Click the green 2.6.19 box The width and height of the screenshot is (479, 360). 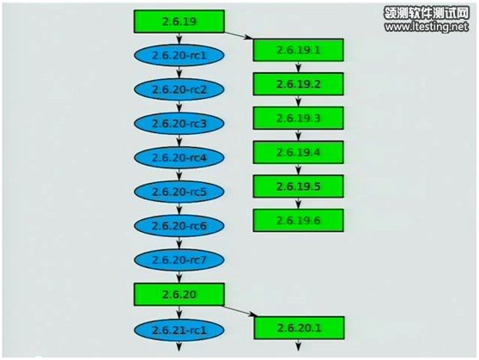[179, 21]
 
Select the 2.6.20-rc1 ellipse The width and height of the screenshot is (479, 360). [179, 55]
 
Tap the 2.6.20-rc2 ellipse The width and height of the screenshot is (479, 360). [179, 89]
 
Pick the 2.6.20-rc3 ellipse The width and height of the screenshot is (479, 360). [179, 123]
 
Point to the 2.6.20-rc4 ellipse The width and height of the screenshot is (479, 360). [179, 157]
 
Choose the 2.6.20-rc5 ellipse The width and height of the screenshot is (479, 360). [179, 192]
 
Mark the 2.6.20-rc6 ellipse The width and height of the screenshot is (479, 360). [179, 225]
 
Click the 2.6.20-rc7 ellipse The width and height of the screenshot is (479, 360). [179, 259]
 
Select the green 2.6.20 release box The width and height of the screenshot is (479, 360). [179, 294]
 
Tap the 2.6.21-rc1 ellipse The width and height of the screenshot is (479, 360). [179, 330]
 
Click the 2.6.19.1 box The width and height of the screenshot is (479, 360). [298, 50]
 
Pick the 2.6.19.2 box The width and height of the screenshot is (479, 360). [298, 84]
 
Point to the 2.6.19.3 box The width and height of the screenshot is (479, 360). [298, 118]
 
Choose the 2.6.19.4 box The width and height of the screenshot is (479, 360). [298, 152]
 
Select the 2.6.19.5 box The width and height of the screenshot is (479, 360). [298, 186]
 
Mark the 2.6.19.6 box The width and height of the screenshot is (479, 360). [298, 220]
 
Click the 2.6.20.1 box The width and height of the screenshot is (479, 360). [299, 328]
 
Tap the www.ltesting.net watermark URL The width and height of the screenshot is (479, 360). [427, 27]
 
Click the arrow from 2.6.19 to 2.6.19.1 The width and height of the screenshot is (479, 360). [239, 35]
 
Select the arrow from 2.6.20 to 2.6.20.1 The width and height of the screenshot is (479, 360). [240, 310]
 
